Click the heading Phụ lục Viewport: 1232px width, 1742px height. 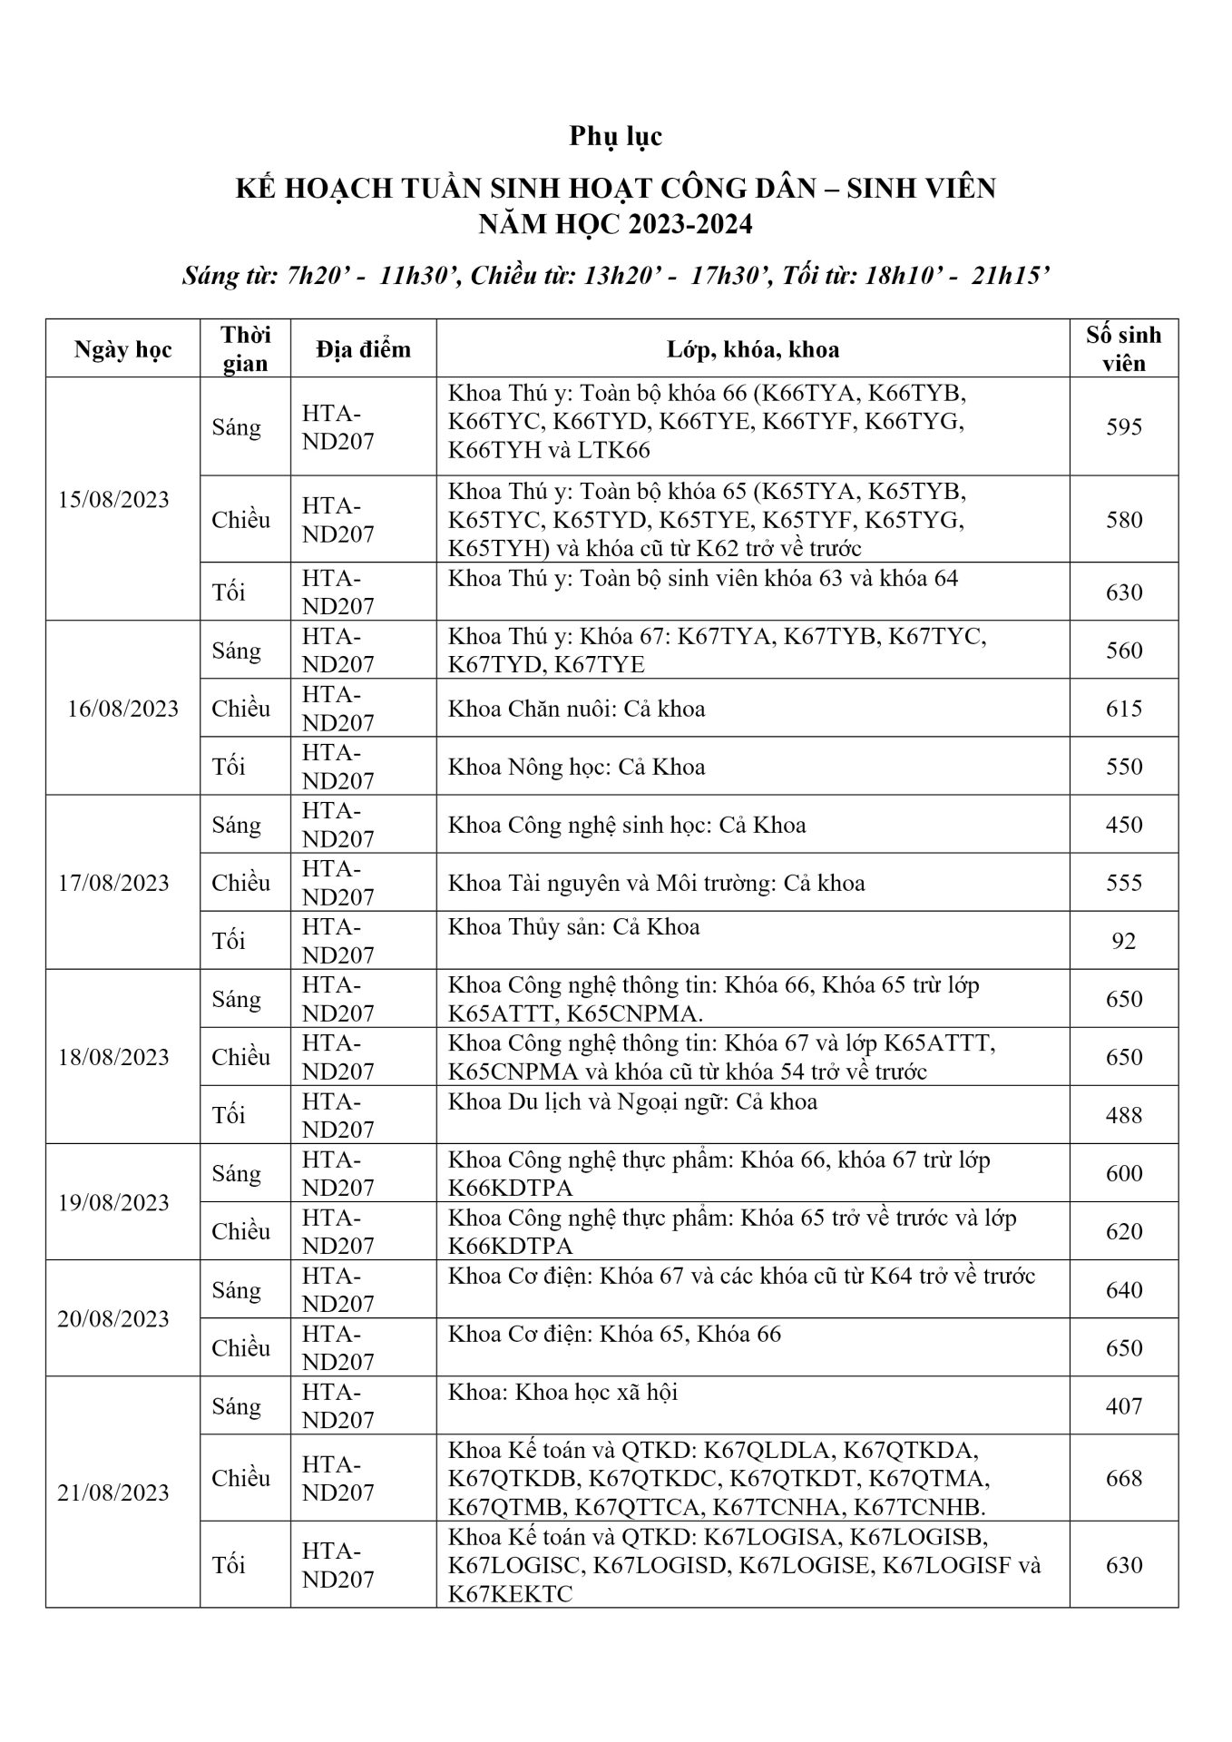pyautogui.click(x=616, y=136)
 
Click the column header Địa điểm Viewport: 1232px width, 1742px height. pyautogui.click(x=363, y=349)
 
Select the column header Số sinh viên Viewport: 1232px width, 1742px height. pyautogui.click(x=1123, y=349)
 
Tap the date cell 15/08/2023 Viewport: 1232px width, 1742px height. pyautogui.click(x=113, y=500)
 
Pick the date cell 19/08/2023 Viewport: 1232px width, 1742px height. pyautogui.click(x=113, y=1202)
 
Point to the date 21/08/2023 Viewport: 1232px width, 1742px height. pyautogui.click(x=113, y=1492)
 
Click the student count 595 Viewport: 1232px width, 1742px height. pyautogui.click(x=1123, y=427)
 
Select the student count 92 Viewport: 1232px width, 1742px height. pyautogui.click(x=1123, y=941)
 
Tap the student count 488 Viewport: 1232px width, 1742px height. pyautogui.click(x=1123, y=1115)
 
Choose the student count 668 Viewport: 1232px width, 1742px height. pyautogui.click(x=1123, y=1478)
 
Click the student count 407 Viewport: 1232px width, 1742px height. pyautogui.click(x=1123, y=1406)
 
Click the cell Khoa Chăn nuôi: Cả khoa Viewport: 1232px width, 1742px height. pyautogui.click(x=576, y=709)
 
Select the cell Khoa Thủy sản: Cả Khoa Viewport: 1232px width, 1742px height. pyautogui.click(x=573, y=927)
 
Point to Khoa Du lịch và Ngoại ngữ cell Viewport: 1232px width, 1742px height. pyautogui.click(x=632, y=1101)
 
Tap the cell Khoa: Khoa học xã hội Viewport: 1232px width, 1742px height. pyautogui.click(x=562, y=1392)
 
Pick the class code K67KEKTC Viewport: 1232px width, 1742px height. pyautogui.click(x=510, y=1594)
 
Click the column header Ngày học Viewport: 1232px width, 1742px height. pyautogui.click(x=122, y=349)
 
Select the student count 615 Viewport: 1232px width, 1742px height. pyautogui.click(x=1123, y=709)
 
